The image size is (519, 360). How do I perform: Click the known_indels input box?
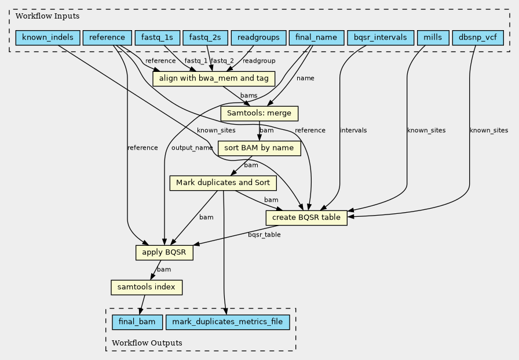[x=47, y=38]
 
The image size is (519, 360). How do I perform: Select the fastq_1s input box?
[x=157, y=38]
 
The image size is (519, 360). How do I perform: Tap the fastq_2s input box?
[x=205, y=38]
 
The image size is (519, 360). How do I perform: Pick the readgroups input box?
[x=258, y=38]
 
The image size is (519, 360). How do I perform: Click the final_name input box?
[x=316, y=38]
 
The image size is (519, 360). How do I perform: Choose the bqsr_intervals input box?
[x=381, y=38]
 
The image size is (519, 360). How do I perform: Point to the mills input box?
[x=433, y=38]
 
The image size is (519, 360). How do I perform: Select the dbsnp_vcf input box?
[x=478, y=38]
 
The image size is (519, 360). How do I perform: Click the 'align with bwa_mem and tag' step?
[x=214, y=79]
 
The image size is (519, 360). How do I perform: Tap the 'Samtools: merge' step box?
[x=259, y=114]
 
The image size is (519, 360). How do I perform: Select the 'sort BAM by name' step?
[x=259, y=148]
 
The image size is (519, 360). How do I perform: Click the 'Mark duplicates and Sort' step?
[x=223, y=183]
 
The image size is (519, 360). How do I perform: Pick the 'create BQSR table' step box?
[x=306, y=218]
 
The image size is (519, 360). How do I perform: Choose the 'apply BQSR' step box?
[x=164, y=253]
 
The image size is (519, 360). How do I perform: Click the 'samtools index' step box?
[x=147, y=288]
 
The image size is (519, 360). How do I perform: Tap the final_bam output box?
[x=137, y=322]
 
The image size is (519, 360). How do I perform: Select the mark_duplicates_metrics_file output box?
[x=228, y=322]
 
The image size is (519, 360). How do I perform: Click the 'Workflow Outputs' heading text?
[x=147, y=343]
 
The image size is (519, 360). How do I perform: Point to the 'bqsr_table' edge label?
[x=264, y=235]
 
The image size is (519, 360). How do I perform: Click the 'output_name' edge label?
[x=192, y=148]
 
